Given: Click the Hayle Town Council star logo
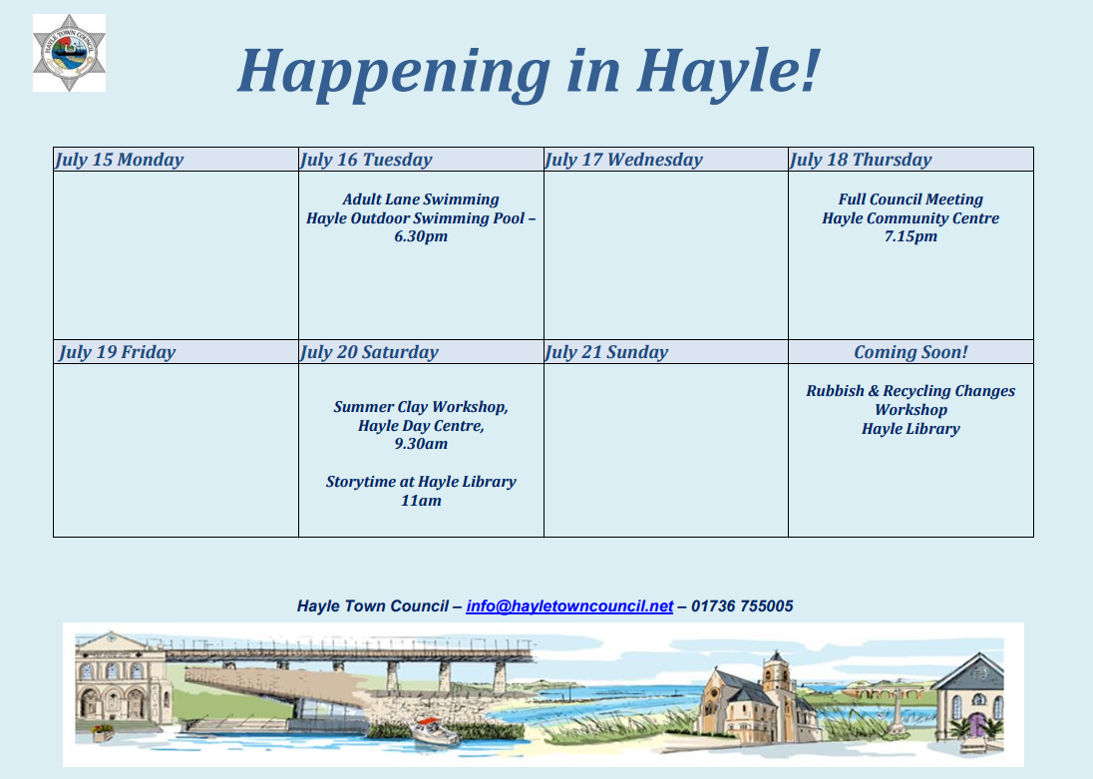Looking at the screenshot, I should pyautogui.click(x=69, y=53).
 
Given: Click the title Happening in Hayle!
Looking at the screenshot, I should pyautogui.click(x=528, y=70).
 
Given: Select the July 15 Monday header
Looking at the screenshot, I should pyautogui.click(x=120, y=160).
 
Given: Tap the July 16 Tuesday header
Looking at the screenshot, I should pyautogui.click(x=366, y=160).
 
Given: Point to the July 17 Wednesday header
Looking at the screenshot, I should pyautogui.click(x=624, y=160).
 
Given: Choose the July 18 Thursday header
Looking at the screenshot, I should pyautogui.click(x=861, y=160).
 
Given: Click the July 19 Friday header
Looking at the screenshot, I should pyautogui.click(x=117, y=352).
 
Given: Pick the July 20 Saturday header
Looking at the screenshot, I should pyautogui.click(x=369, y=352).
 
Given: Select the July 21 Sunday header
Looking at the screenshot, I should pyautogui.click(x=606, y=352).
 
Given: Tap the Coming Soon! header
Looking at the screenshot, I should pyautogui.click(x=911, y=352).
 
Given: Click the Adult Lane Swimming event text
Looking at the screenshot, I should pyautogui.click(x=421, y=199).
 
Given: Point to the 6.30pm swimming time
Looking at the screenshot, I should pyautogui.click(x=421, y=237).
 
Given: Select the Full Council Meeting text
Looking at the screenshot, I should pyautogui.click(x=911, y=199).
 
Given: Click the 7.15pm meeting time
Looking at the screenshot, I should pyautogui.click(x=911, y=237).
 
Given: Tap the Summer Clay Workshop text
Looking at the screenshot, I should pyautogui.click(x=421, y=407).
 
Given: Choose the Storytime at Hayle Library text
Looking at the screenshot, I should pyautogui.click(x=421, y=482).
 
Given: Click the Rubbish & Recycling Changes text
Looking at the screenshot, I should pyautogui.click(x=911, y=391).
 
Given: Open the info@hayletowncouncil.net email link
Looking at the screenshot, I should pyautogui.click(x=569, y=606).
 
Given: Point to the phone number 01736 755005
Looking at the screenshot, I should pyautogui.click(x=742, y=606).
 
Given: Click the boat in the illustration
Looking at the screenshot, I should pyautogui.click(x=435, y=732).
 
